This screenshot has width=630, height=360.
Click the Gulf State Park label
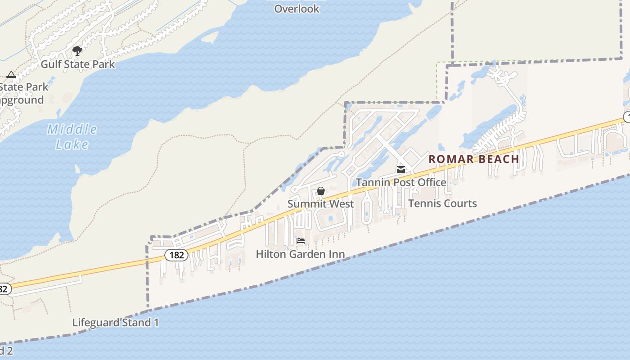pos(78,64)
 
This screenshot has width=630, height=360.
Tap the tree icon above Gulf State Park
pos(77,50)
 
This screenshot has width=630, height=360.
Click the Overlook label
pos(297,9)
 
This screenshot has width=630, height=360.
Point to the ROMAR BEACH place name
pos(474,159)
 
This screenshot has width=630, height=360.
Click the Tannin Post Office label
pos(401,182)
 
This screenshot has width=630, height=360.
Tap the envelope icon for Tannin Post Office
pos(400,170)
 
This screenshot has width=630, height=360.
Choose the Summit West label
pos(320,204)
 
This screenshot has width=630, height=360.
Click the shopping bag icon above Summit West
pos(320,191)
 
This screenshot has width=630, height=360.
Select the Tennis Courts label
pos(442,203)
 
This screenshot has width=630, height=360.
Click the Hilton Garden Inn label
pos(300,254)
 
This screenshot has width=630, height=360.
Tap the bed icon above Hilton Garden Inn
pos(301,241)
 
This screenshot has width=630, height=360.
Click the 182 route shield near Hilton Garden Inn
pos(176,255)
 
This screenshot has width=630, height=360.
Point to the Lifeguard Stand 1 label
pos(116,323)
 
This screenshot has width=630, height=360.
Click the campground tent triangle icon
pos(11,74)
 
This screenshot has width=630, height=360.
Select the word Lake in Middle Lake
pos(72,144)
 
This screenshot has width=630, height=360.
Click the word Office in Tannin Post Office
pos(431,182)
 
